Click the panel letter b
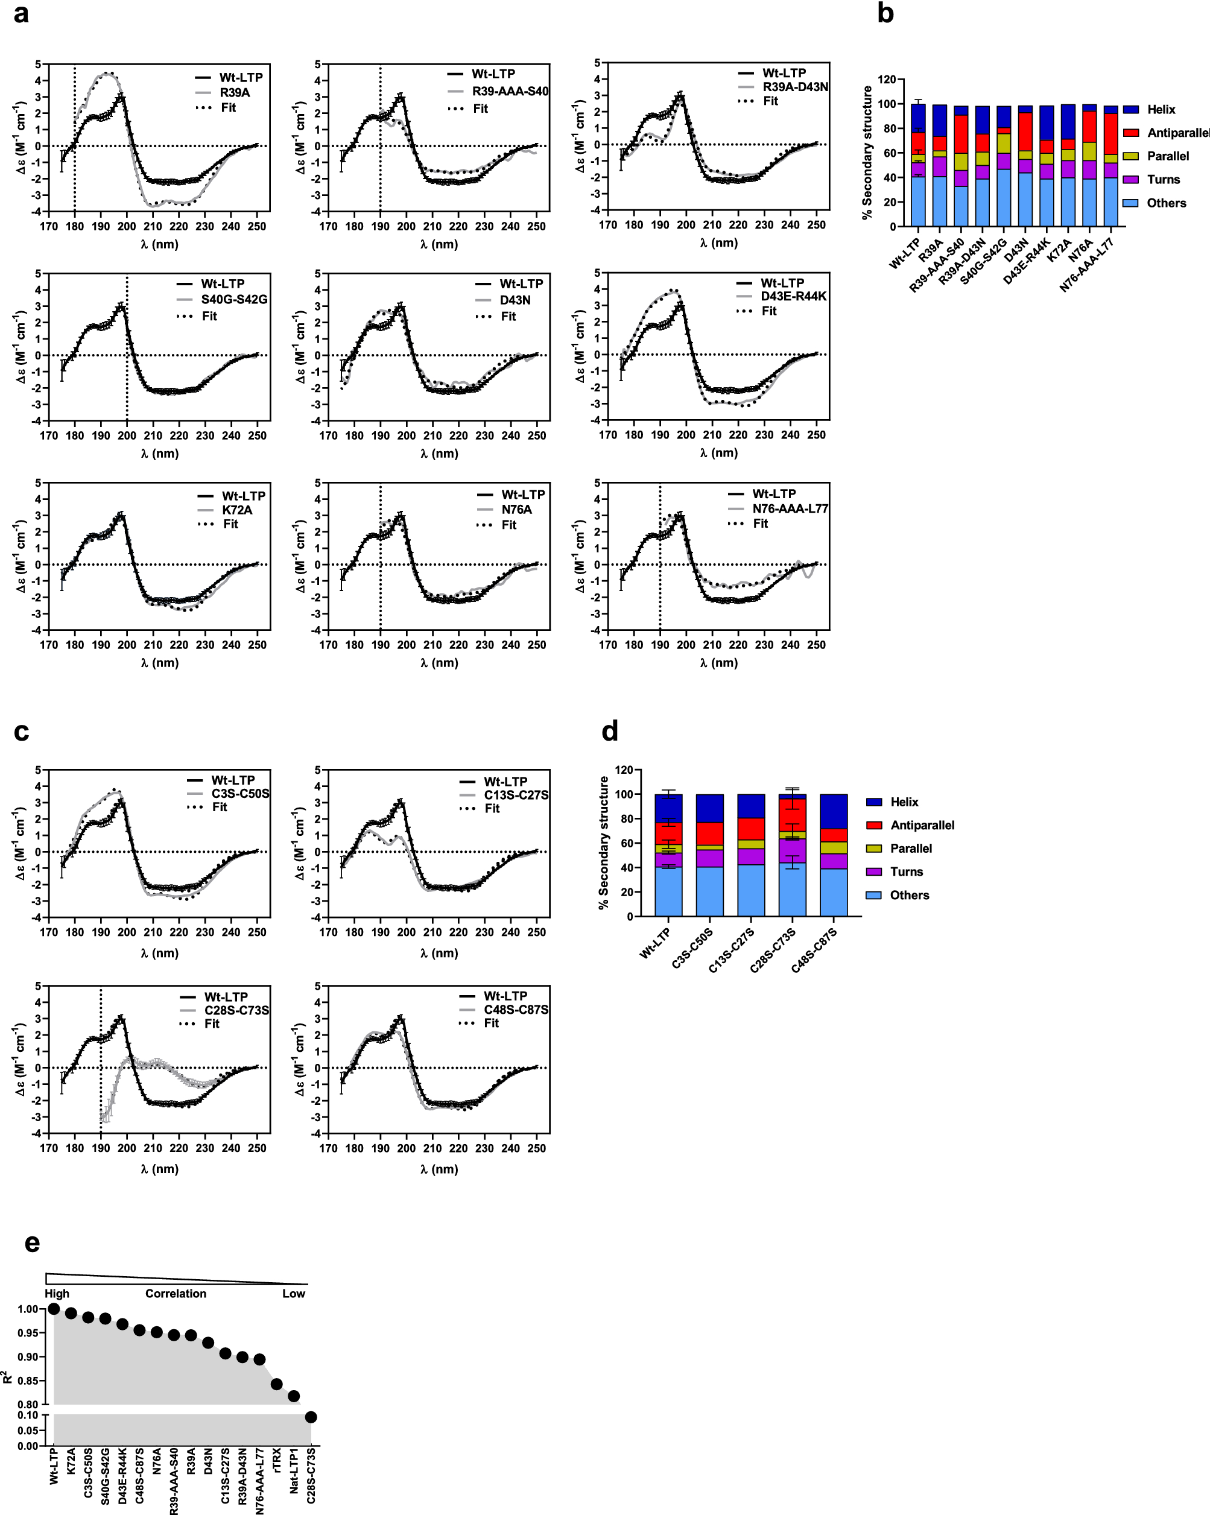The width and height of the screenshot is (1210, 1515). (885, 13)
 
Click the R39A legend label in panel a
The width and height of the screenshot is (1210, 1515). (234, 93)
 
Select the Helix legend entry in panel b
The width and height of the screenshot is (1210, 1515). (1161, 110)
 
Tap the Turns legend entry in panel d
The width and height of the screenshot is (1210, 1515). (906, 871)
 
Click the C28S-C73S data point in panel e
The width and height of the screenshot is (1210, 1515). (311, 1417)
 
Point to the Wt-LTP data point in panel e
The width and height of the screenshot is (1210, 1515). (54, 1308)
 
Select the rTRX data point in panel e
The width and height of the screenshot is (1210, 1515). (276, 1384)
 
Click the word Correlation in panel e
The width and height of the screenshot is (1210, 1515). (176, 1294)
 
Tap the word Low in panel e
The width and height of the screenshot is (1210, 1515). (294, 1294)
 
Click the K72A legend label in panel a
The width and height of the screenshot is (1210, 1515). (237, 510)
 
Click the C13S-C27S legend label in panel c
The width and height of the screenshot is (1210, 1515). (516, 795)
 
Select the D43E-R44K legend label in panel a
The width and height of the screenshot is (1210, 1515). (793, 296)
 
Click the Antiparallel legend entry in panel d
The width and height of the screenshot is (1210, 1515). (922, 825)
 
